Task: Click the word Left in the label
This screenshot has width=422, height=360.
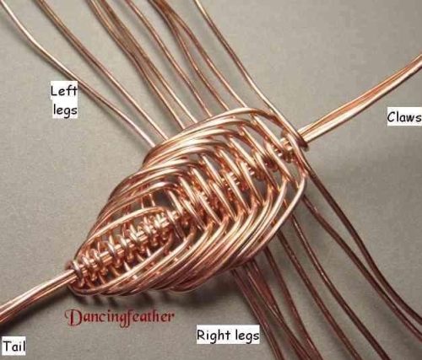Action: pos(63,91)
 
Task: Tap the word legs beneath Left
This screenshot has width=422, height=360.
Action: pos(65,110)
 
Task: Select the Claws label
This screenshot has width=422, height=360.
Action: pos(404,117)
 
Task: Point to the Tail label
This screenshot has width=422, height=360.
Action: pos(14,346)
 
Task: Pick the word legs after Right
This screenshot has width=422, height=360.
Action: pos(247,336)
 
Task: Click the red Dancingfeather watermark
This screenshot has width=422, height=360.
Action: pos(119,318)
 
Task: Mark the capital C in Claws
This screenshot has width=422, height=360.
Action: pos(392,117)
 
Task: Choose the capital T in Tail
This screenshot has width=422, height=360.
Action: pos(8,346)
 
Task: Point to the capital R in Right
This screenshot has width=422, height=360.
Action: pos(201,335)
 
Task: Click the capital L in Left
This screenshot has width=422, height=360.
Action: pos(55,91)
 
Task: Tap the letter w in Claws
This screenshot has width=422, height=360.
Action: pos(409,118)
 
